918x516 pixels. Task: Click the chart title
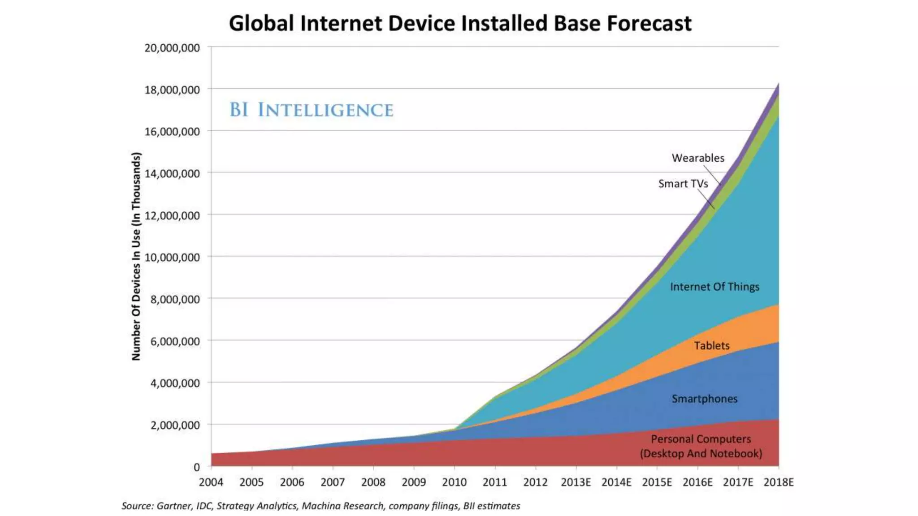(x=460, y=23)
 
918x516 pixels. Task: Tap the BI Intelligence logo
(x=311, y=110)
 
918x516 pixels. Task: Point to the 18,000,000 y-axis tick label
(x=172, y=90)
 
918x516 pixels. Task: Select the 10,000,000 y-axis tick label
(x=172, y=258)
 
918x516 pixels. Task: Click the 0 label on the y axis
(x=196, y=467)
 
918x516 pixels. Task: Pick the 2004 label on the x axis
(x=211, y=482)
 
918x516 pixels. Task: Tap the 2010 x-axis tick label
(x=454, y=482)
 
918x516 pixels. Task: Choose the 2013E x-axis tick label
(x=576, y=482)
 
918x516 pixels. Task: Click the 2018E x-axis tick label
(x=779, y=482)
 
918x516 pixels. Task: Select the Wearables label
(x=698, y=158)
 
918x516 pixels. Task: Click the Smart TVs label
(x=683, y=184)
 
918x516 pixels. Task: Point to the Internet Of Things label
(x=714, y=287)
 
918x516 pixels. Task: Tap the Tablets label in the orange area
(x=712, y=346)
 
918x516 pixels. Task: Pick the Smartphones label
(x=704, y=399)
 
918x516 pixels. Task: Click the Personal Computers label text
(x=701, y=446)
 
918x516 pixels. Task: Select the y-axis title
(x=136, y=256)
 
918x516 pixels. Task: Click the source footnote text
(x=320, y=506)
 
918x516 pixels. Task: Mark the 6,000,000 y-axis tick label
(x=175, y=341)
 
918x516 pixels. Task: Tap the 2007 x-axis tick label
(x=333, y=482)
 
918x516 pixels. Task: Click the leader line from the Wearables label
(x=712, y=175)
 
